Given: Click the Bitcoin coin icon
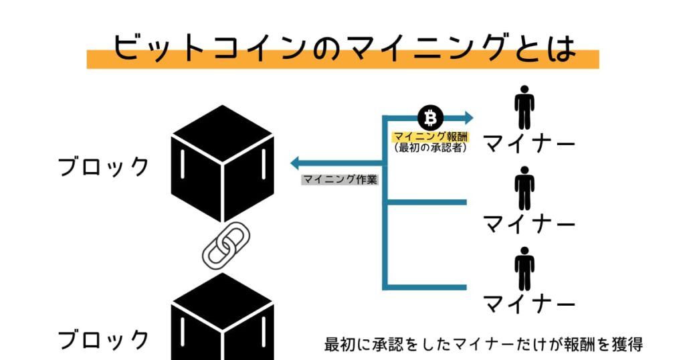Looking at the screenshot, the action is pyautogui.click(x=430, y=118).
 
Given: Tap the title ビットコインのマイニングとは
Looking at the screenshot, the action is pyautogui.click(x=343, y=48).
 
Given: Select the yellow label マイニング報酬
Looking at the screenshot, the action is pyautogui.click(x=430, y=137).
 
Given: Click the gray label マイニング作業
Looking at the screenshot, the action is pyautogui.click(x=340, y=179).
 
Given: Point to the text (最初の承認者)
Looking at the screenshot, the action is pyautogui.click(x=430, y=148).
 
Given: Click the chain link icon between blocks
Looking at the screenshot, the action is pyautogui.click(x=226, y=245).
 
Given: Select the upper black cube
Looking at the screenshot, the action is pyautogui.click(x=223, y=163).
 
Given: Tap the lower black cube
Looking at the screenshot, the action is pyautogui.click(x=223, y=317).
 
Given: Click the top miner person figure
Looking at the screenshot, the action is pyautogui.click(x=524, y=107).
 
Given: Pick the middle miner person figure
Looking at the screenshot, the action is pyautogui.click(x=524, y=188).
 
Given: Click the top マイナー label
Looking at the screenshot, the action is pyautogui.click(x=529, y=143).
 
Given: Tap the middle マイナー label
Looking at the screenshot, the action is pyautogui.click(x=529, y=223).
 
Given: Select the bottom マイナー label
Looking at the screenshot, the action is pyautogui.click(x=529, y=304).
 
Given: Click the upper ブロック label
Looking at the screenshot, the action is pyautogui.click(x=104, y=167).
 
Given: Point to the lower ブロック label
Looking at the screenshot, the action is pyautogui.click(x=104, y=339).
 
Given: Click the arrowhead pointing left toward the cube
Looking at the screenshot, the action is pyautogui.click(x=295, y=163).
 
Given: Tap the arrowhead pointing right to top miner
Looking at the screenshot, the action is pyautogui.click(x=469, y=118).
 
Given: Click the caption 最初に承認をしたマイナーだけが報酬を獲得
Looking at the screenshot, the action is pyautogui.click(x=483, y=344).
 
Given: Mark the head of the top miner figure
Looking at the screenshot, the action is pyautogui.click(x=524, y=89).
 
